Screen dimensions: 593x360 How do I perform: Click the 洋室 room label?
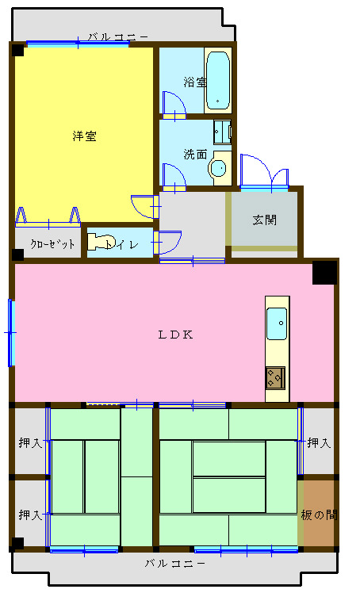[x=84, y=136]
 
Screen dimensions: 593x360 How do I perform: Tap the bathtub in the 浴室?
[x=217, y=80]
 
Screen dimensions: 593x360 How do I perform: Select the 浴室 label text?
[x=194, y=82]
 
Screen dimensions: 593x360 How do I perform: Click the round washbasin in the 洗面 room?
[x=218, y=168]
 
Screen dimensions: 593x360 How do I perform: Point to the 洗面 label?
[x=194, y=153]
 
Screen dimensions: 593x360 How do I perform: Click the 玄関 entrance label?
[x=265, y=220]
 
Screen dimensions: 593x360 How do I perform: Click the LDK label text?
[x=175, y=334]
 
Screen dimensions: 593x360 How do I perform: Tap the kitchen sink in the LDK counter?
[x=277, y=323]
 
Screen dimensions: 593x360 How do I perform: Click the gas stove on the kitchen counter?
[x=276, y=377]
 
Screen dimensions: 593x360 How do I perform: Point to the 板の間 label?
[x=319, y=515]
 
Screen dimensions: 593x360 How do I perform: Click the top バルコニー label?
[x=118, y=36]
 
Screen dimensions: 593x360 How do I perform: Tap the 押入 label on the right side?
[x=319, y=442]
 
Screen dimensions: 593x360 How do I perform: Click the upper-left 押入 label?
[x=30, y=442]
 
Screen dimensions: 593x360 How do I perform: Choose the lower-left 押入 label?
[x=30, y=515]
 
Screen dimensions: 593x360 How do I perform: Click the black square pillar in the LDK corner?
[x=324, y=272]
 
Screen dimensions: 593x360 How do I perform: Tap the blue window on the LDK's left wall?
[x=11, y=333]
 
